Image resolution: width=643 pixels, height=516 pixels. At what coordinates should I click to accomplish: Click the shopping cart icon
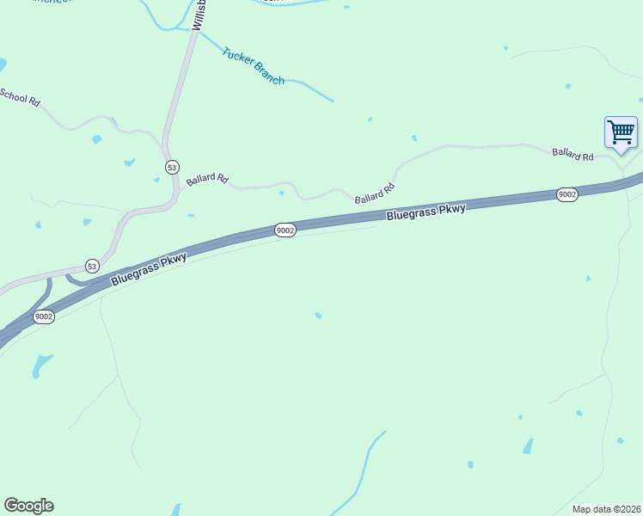click(x=621, y=132)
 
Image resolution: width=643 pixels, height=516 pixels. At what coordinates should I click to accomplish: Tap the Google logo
click(x=28, y=506)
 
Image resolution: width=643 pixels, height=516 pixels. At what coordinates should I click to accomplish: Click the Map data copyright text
click(x=606, y=509)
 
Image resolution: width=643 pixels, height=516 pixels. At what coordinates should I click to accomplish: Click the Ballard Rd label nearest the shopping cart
click(x=573, y=155)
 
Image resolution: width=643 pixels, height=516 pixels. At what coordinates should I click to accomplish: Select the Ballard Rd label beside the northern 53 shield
click(x=207, y=180)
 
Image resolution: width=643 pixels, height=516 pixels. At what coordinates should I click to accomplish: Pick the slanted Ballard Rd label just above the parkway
click(x=374, y=193)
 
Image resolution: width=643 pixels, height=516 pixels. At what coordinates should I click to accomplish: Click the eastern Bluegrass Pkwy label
click(x=426, y=212)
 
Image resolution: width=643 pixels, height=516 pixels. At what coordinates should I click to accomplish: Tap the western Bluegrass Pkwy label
click(x=148, y=269)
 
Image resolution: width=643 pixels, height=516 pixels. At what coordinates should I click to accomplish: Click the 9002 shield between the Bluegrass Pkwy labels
click(x=285, y=230)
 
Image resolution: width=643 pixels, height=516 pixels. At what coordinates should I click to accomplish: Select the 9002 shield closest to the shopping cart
click(x=566, y=194)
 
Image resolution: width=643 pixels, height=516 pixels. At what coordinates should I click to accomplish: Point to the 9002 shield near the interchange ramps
click(x=44, y=316)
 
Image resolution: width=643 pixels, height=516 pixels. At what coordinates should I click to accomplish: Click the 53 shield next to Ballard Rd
click(x=173, y=166)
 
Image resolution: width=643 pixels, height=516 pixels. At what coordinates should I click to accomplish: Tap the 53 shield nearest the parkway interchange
click(x=92, y=266)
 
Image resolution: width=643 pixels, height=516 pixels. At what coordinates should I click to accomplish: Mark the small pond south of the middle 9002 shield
click(x=318, y=316)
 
